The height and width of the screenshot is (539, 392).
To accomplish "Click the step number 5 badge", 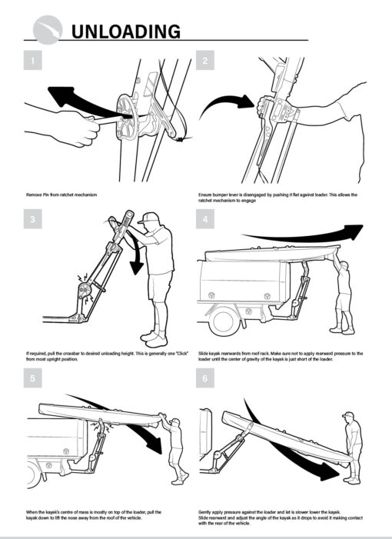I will (32, 378).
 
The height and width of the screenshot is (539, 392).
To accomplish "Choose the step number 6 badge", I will (205, 378).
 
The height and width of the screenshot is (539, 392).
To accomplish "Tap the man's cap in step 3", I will (152, 218).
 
